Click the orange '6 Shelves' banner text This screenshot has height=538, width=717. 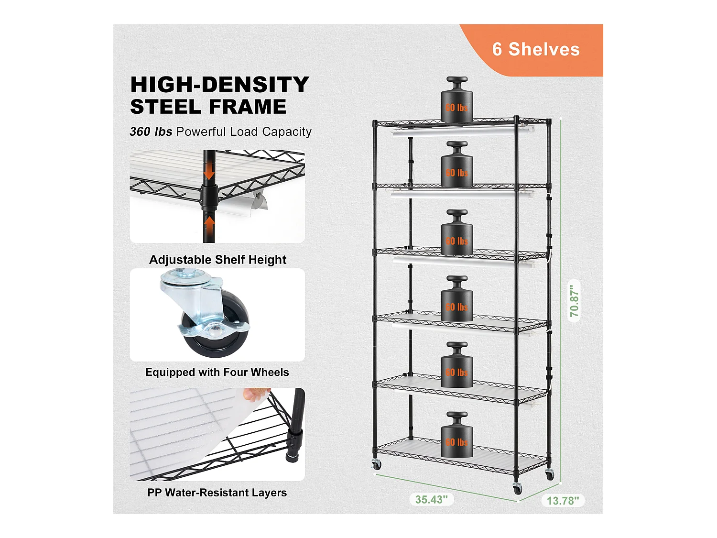tap(536, 50)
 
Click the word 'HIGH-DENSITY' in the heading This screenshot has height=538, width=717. tap(219, 85)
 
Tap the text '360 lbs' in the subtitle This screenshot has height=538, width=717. tap(151, 132)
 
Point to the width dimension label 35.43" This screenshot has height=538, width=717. tap(431, 500)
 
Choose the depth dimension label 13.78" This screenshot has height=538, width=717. tap(563, 501)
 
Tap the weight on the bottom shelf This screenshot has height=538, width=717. tap(456, 437)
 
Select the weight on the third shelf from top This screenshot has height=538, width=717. tap(456, 235)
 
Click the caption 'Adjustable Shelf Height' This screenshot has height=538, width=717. tap(217, 260)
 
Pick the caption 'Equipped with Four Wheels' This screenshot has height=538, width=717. tap(217, 373)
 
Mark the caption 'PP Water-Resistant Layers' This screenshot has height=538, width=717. tap(217, 493)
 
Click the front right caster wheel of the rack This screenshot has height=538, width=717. tap(517, 489)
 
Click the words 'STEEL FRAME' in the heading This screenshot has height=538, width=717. tap(208, 107)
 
